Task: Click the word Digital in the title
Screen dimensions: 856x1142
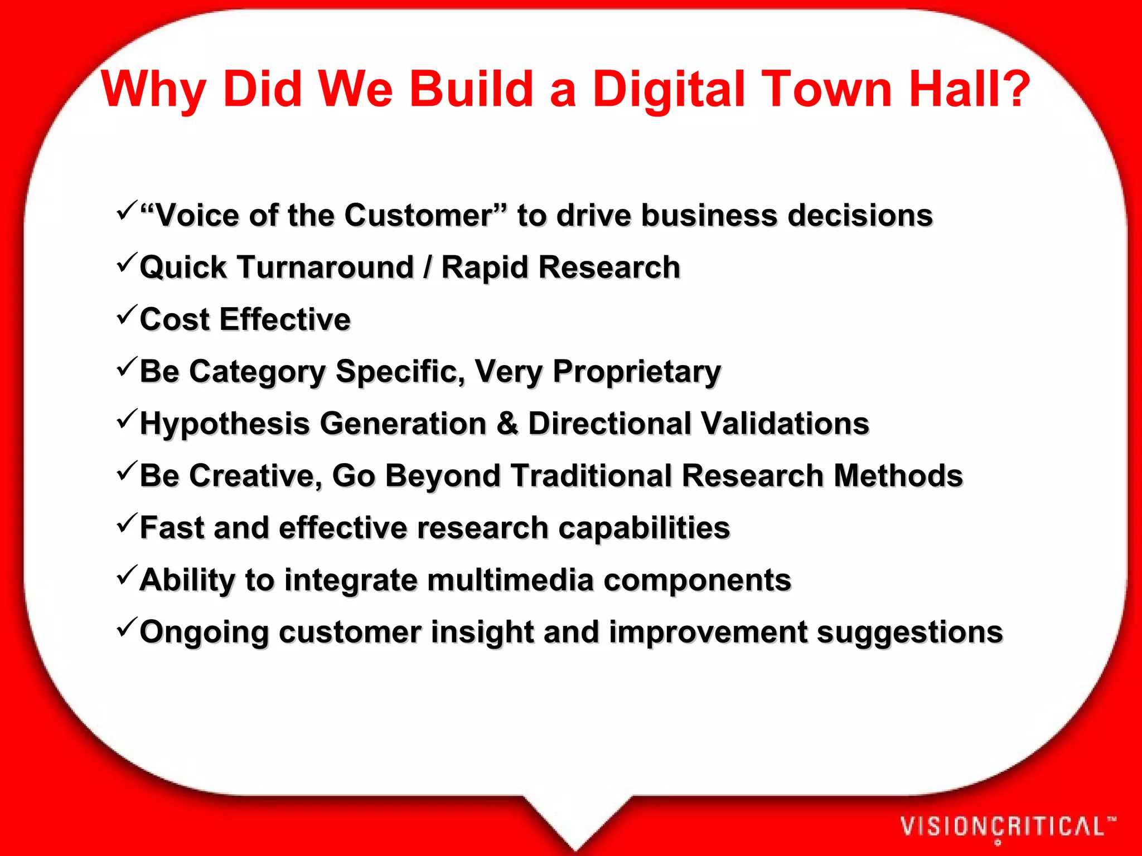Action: pyautogui.click(x=668, y=89)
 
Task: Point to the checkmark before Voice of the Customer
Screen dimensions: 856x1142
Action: pyautogui.click(x=127, y=210)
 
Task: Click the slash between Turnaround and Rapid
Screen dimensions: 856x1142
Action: pyautogui.click(x=427, y=267)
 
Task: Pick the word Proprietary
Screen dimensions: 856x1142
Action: pyautogui.click(x=637, y=372)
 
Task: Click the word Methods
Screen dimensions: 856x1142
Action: pyautogui.click(x=898, y=476)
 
